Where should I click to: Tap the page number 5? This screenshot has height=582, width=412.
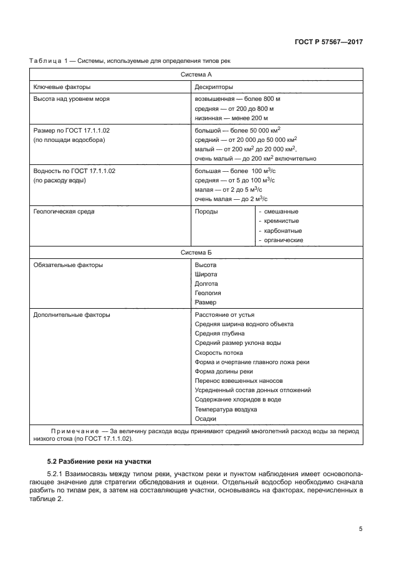pyautogui.click(x=360, y=528)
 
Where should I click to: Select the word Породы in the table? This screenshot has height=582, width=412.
pyautogui.click(x=206, y=211)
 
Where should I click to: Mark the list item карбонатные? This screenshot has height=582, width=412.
pyautogui.click(x=281, y=230)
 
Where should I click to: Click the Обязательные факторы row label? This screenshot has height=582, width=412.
pyautogui.click(x=68, y=265)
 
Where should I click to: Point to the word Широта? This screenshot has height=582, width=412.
pyautogui.click(x=206, y=274)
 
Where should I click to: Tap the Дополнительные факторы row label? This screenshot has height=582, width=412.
pyautogui.click(x=71, y=314)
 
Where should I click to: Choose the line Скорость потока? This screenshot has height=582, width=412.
pyautogui.click(x=219, y=352)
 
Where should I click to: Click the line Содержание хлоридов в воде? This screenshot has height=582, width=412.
pyautogui.click(x=237, y=400)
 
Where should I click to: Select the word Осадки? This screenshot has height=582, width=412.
pyautogui.click(x=206, y=418)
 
